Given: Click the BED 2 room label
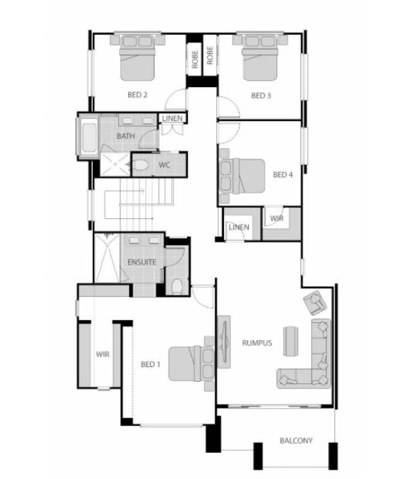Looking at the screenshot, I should [x=137, y=95].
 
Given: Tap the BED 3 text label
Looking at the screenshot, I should [x=261, y=95].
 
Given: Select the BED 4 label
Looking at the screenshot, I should [x=283, y=174].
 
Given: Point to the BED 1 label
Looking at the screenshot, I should [x=150, y=364].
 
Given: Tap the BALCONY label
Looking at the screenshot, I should [x=295, y=440].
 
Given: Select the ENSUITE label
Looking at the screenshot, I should [x=142, y=262].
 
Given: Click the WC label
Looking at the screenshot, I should [x=164, y=165].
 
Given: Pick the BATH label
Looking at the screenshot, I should [x=126, y=136].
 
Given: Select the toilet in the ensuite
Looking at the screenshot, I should [x=177, y=286].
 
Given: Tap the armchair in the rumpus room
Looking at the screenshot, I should [x=313, y=303].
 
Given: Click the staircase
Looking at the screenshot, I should [x=138, y=200].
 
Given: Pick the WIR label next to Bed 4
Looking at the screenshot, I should [x=277, y=219].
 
